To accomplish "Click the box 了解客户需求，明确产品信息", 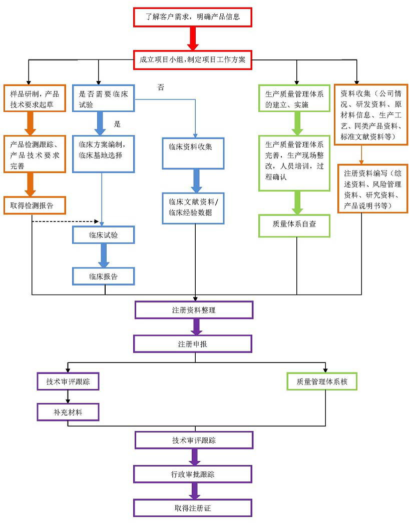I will click(x=192, y=17).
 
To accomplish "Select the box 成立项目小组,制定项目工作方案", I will click(x=192, y=60).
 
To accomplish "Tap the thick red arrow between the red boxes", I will click(x=192, y=38).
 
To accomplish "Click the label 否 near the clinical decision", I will click(x=161, y=87).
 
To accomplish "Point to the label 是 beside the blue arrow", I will click(x=118, y=124).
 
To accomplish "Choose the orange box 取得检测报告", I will click(x=35, y=205).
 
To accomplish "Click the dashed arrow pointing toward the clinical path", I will click(x=65, y=220).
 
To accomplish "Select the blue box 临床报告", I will click(x=104, y=276).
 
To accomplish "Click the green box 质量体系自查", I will click(x=294, y=225).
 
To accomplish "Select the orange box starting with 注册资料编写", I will click(x=372, y=188).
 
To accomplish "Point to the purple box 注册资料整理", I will click(x=194, y=310).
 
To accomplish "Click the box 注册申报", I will click(x=193, y=344).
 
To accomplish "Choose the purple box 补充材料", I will click(x=68, y=412).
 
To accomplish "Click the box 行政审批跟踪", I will click(x=193, y=474).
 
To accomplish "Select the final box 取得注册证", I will click(x=193, y=508).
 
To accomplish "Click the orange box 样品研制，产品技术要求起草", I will click(x=35, y=98).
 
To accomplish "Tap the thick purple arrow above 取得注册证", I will click(x=193, y=491).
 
